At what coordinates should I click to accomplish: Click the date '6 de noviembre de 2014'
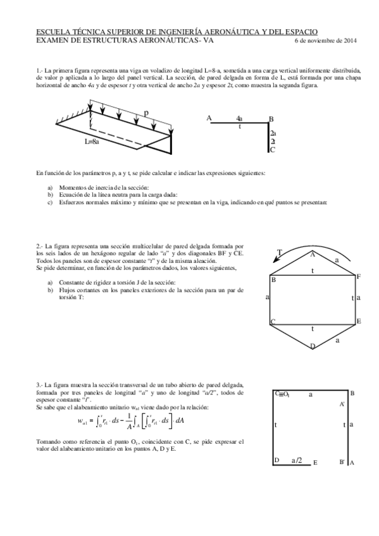326,40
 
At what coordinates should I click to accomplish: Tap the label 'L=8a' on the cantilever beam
92,142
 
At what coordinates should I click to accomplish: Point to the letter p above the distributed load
146,113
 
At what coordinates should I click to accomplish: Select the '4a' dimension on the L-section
239,118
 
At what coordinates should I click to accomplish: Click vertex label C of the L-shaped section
273,150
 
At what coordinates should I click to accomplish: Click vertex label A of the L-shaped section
209,118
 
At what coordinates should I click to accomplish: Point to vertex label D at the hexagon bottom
312,346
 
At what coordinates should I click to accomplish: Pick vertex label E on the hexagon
359,322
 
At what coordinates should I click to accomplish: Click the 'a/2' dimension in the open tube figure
296,461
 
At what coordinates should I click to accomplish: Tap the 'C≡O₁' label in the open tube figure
282,394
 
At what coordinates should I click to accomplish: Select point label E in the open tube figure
315,463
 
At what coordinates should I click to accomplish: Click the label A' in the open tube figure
342,403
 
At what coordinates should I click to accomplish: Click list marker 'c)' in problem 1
51,203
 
